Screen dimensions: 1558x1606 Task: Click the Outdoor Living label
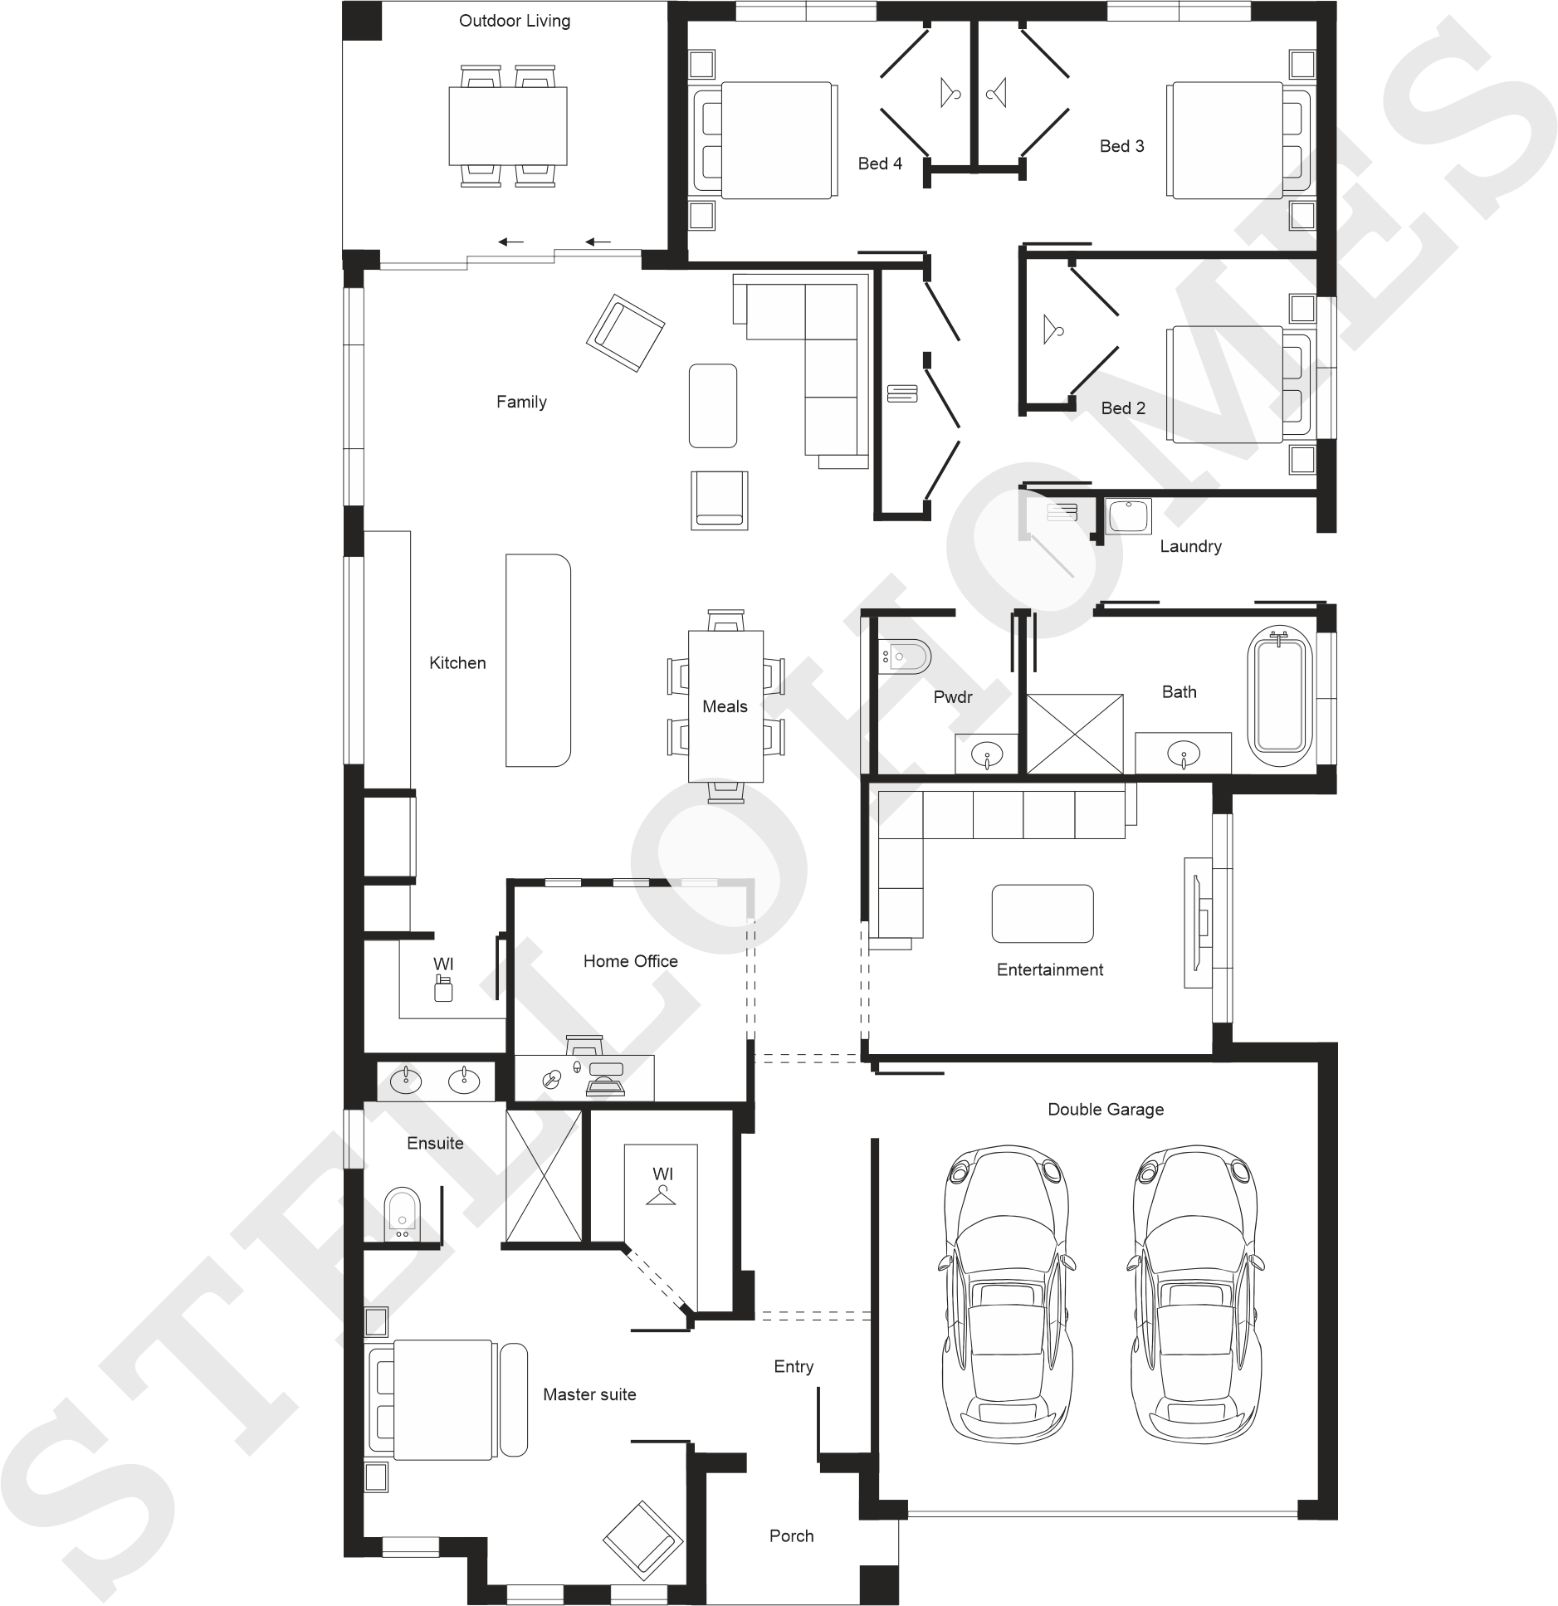515,21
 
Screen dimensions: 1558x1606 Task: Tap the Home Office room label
630,961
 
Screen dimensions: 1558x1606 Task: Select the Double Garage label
1106,1110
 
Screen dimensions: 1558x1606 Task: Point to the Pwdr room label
952,697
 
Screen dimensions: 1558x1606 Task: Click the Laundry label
1190,546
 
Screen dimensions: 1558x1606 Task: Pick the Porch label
791,1536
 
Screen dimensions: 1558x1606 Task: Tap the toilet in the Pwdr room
906,657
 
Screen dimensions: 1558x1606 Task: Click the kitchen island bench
538,660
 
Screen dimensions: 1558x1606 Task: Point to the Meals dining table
725,706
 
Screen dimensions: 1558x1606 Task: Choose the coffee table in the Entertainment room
1043,914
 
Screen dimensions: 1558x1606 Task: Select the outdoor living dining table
508,126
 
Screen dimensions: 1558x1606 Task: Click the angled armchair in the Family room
625,334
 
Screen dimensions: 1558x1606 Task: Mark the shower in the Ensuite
544,1177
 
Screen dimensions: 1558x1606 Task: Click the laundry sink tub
1128,515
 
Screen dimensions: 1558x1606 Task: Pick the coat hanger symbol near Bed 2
1054,329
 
